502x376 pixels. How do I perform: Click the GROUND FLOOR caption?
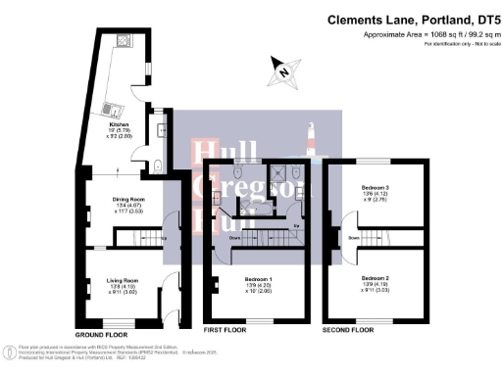pyautogui.click(x=101, y=334)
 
